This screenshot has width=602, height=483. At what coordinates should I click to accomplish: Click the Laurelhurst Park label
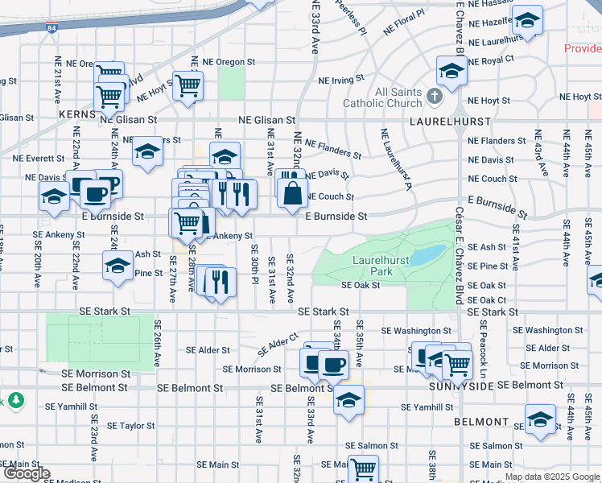coord(381,266)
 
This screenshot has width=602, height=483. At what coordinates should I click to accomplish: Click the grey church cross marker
coord(435,97)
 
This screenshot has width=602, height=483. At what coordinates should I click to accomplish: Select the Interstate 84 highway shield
coord(52,28)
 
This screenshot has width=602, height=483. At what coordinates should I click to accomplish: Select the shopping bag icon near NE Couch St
coord(291,192)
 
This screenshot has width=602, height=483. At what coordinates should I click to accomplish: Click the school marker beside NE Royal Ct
coord(451,72)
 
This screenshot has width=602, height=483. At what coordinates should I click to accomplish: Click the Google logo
coord(27,473)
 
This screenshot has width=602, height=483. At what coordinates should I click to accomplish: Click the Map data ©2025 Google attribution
coord(550,477)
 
